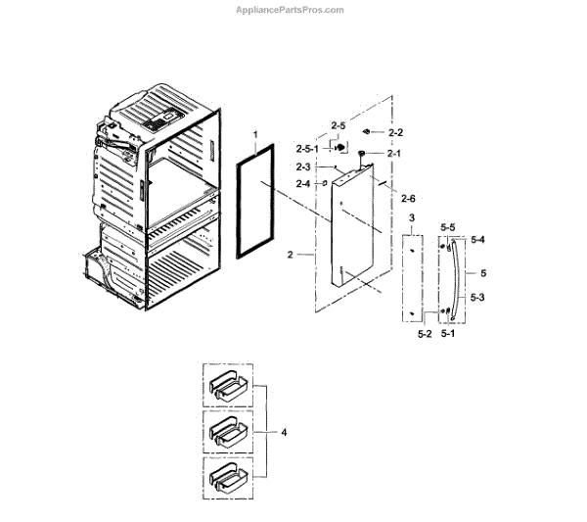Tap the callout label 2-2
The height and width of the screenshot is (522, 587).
396,132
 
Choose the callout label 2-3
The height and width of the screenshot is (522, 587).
304,166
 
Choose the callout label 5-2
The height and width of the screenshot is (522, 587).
426,333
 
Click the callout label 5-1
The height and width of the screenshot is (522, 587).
448,333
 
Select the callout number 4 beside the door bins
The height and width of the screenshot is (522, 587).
285,432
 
